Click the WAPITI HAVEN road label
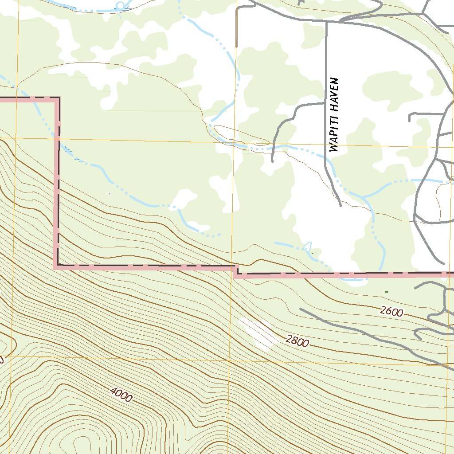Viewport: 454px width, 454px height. (335, 115)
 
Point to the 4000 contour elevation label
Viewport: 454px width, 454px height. (121, 395)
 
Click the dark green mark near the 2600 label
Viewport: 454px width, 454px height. (387, 291)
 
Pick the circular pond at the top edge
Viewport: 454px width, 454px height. (120, 5)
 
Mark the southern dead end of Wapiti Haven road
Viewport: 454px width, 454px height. (340, 205)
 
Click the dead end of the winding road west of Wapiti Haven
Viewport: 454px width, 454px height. (272, 161)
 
